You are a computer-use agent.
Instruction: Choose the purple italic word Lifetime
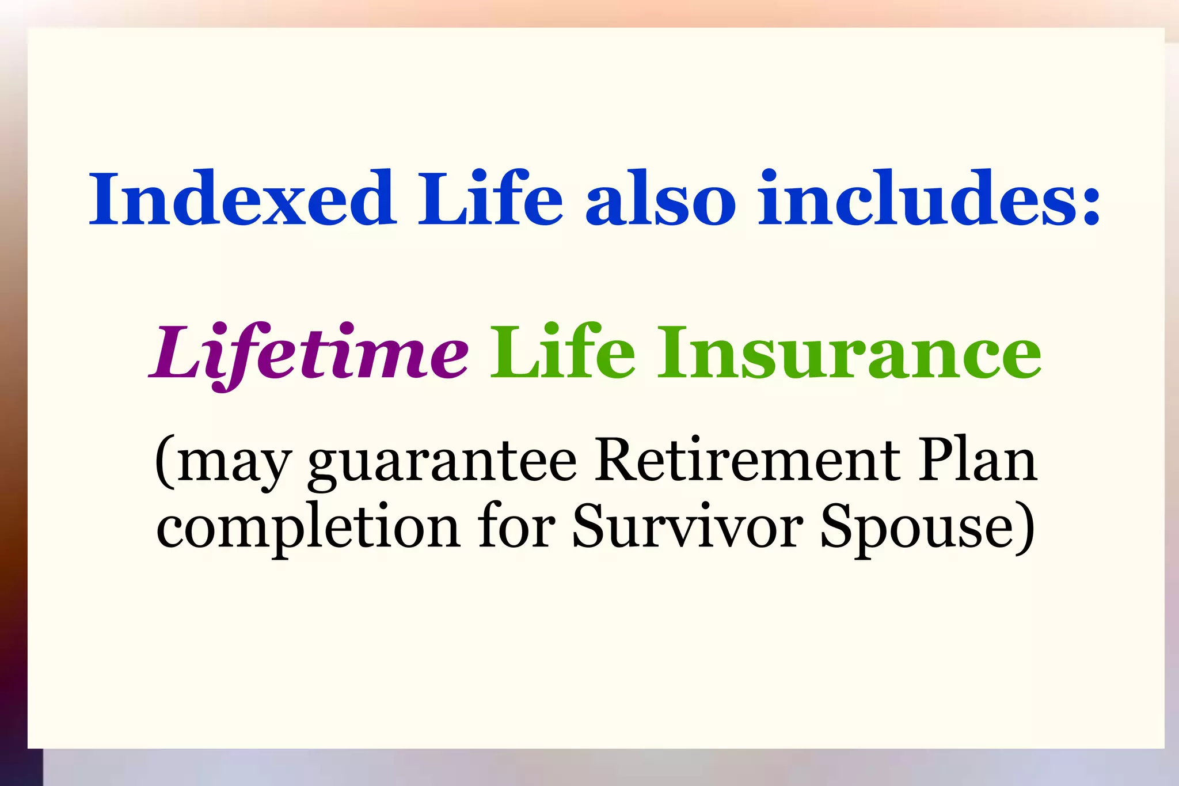coord(309,352)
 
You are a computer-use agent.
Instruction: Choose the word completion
coord(308,527)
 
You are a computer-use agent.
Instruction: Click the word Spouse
coord(915,527)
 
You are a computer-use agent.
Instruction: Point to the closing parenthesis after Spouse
coord(1025,527)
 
